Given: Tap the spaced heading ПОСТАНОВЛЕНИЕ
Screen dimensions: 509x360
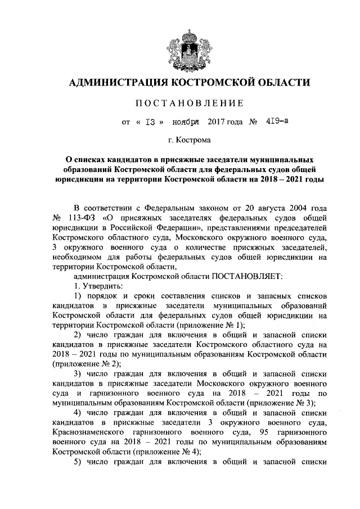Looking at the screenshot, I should coord(181,103).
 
